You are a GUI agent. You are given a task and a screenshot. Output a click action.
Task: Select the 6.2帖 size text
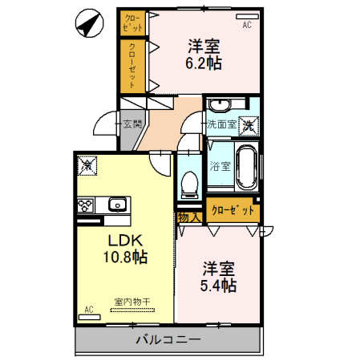pyautogui.click(x=205, y=63)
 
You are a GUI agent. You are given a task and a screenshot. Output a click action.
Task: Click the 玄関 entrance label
pyautogui.click(x=132, y=124)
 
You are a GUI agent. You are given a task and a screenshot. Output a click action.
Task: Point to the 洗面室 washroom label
pyautogui.click(x=221, y=124)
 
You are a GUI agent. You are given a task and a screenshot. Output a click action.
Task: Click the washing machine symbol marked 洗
pyautogui.click(x=250, y=124)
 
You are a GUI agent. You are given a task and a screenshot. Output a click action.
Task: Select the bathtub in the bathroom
pyautogui.click(x=245, y=168)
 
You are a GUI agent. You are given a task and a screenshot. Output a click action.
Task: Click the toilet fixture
pyautogui.click(x=191, y=184)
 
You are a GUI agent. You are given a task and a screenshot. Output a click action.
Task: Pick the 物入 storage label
pyautogui.click(x=188, y=217)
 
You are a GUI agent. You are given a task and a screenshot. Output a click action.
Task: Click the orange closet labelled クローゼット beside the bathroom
pyautogui.click(x=233, y=210)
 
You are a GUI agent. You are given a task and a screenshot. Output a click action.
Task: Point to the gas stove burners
pyautogui.click(x=87, y=205)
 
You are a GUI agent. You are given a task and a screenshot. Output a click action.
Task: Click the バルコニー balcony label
pyautogui.click(x=168, y=339)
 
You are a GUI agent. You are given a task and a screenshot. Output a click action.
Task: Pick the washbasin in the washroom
pyautogui.click(x=218, y=107)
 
